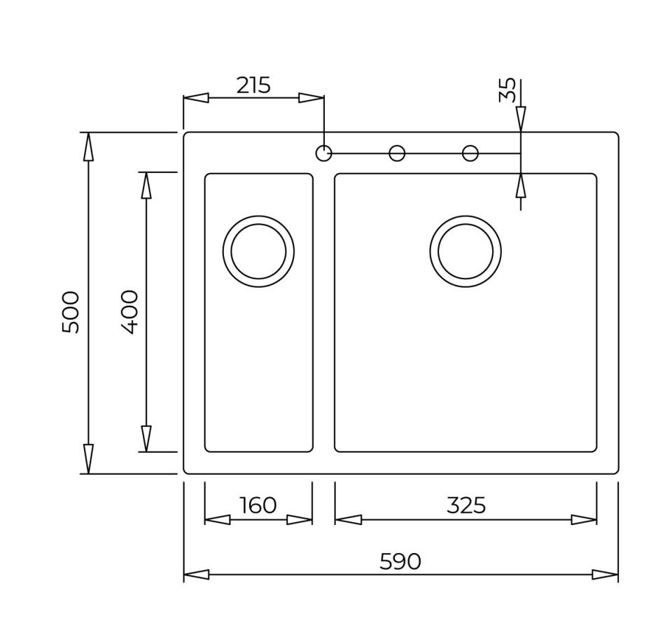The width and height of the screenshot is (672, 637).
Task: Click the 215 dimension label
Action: point(253,85)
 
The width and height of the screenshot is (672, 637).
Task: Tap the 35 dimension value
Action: point(508,90)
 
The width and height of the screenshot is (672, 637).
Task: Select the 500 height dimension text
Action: point(71,312)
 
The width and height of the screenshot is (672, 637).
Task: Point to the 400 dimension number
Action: point(129,312)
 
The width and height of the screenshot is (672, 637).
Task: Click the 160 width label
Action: point(258,505)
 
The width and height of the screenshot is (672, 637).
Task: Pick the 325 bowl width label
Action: point(466,505)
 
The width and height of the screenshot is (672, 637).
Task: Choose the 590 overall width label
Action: point(400,561)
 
